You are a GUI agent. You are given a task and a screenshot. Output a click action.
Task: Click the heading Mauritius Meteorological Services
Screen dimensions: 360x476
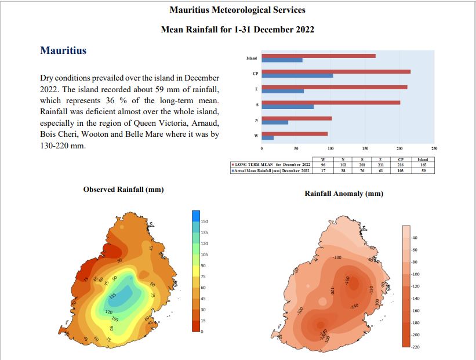pos(237,10)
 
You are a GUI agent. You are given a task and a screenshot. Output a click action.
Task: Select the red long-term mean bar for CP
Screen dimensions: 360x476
pos(336,71)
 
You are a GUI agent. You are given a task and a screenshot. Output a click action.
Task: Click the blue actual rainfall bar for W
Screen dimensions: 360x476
pos(268,138)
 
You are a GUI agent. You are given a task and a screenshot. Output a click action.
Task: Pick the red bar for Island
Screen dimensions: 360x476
pos(319,56)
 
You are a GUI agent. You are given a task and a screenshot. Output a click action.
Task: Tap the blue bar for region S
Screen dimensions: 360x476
pos(288,107)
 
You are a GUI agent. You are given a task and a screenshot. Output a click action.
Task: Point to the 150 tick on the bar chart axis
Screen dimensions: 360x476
pos(365,149)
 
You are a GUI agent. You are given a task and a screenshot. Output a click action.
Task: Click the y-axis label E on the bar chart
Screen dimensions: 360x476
pos(256,89)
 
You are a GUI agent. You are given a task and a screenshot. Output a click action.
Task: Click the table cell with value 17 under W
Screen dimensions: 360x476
pos(324,170)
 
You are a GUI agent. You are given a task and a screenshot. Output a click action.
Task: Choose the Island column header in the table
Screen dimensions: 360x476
pos(423,159)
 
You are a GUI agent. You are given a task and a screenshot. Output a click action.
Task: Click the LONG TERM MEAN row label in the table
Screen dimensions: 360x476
pos(271,165)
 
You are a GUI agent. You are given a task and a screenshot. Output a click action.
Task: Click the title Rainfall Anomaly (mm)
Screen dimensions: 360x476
pos(344,193)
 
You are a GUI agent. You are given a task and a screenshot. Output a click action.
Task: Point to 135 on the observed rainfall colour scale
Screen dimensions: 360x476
pos(204,232)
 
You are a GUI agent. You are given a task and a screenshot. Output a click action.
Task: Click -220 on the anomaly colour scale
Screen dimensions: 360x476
pos(415,347)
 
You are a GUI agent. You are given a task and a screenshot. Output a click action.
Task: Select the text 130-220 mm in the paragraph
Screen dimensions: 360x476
pos(63,146)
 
